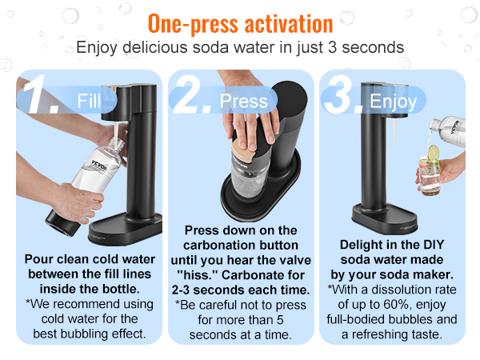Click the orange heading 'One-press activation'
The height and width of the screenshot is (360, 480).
[x=240, y=22]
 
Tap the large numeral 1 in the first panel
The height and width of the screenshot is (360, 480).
[x=38, y=96]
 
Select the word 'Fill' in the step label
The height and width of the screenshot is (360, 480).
[x=90, y=101]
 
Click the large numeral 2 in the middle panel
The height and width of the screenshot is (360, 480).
[x=193, y=98]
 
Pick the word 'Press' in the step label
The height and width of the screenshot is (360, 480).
[x=243, y=102]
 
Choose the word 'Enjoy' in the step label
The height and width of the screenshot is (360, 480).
[x=393, y=102]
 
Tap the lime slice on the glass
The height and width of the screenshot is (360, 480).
[x=433, y=153]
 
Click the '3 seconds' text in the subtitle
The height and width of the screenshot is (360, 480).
[x=370, y=47]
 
